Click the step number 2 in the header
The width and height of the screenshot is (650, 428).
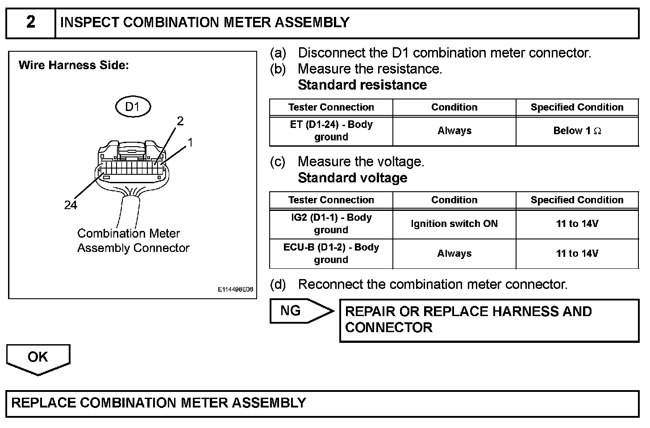pos(31,22)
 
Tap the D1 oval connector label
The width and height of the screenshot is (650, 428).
pos(133,107)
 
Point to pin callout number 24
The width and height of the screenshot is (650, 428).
pos(71,205)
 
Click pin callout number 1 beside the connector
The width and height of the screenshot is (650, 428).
pos(191,143)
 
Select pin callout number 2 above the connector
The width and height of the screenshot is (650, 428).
pos(180,121)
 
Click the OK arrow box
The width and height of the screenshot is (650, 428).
pos(38,358)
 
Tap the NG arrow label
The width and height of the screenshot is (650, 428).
pos(291,311)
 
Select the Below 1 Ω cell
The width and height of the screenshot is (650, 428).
pos(577,131)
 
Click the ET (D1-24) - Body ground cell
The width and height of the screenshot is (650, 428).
pos(331,131)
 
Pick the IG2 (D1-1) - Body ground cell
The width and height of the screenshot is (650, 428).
pos(331,223)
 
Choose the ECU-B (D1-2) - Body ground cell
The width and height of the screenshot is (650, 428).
pos(331,253)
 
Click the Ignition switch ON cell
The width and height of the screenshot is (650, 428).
pos(454,223)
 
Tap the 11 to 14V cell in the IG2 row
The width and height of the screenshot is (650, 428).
pos(577,223)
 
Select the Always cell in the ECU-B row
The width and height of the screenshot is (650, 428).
pos(454,253)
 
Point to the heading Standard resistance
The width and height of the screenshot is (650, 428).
pos(362,85)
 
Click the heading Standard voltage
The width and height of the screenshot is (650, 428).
pos(352,178)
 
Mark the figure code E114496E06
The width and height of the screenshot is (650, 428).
pos(235,289)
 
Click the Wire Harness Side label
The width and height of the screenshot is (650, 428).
pos(74,66)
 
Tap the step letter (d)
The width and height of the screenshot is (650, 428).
pos(278,284)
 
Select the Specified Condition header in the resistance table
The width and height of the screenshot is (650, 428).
pos(577,107)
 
